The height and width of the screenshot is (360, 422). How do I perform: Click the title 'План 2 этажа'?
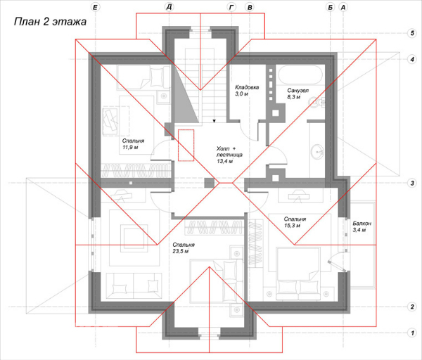[50, 22]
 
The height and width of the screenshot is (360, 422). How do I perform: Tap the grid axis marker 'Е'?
[95, 7]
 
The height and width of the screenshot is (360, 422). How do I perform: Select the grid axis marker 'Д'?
[169, 7]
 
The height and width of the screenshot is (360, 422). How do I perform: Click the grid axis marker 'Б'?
[331, 7]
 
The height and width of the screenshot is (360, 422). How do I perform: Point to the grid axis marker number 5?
[412, 33]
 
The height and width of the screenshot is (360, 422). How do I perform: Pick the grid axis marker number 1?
[412, 333]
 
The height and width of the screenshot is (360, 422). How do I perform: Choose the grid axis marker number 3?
[412, 184]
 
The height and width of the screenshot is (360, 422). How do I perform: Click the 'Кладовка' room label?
[247, 87]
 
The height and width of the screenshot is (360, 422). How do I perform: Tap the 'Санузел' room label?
[298, 91]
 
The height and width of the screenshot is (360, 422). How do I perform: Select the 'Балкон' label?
[362, 224]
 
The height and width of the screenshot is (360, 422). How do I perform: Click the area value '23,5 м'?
[181, 251]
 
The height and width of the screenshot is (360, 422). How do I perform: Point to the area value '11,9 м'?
[130, 147]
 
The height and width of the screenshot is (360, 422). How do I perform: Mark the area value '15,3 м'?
[292, 226]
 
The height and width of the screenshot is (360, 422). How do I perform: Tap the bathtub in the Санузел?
[300, 75]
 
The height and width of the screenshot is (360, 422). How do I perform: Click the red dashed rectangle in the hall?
[186, 146]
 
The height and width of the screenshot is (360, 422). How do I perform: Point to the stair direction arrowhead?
[215, 121]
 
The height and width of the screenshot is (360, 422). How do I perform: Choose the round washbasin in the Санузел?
[318, 152]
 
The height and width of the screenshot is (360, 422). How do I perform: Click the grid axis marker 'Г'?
[231, 7]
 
